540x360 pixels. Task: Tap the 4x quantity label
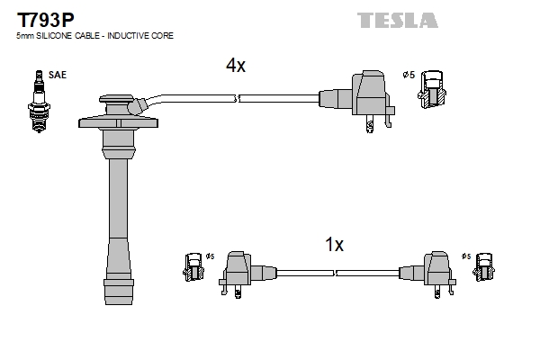pyautogui.click(x=236, y=66)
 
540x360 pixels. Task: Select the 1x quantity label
pyautogui.click(x=334, y=244)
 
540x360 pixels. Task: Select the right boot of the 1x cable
pyautogui.click(x=431, y=270)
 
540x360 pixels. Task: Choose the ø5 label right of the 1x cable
pyautogui.click(x=465, y=257)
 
